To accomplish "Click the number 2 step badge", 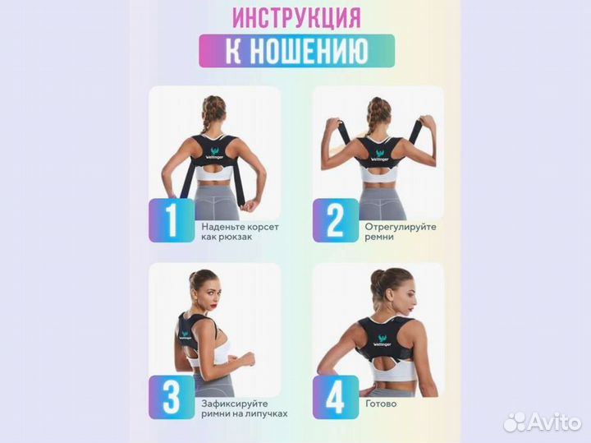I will coord(334,219).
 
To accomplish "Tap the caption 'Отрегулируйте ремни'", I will coord(401,231).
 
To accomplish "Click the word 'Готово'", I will coord(383,404).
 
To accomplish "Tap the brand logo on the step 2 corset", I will coord(380,155).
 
